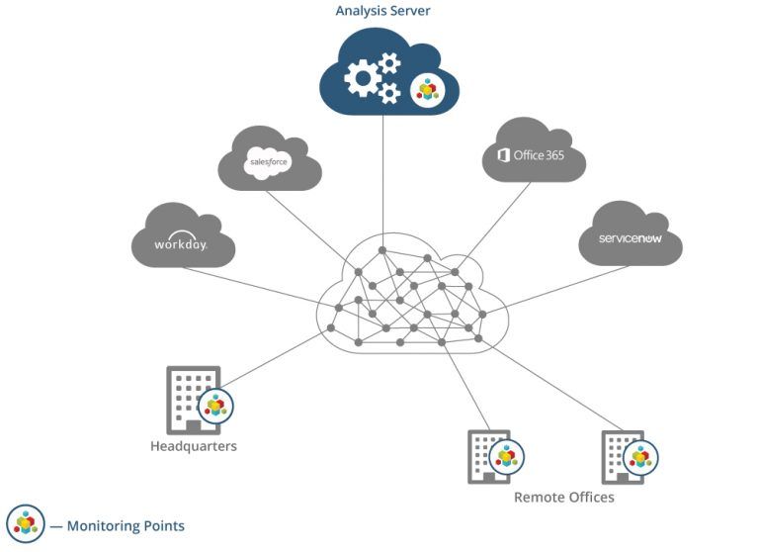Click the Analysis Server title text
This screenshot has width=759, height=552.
382,11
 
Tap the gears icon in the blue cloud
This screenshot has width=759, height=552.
372,77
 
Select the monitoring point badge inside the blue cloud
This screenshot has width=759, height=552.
427,90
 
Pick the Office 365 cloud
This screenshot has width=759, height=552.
534,153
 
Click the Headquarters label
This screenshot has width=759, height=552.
194,446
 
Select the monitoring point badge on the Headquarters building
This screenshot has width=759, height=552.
215,406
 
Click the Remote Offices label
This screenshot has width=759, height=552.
563,498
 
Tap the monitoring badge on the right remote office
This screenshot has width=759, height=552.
641,457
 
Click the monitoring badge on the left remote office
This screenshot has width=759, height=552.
507,457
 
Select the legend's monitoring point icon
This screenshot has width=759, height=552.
25,523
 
